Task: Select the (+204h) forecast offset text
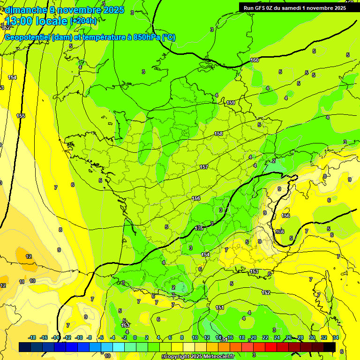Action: pyautogui.click(x=83, y=21)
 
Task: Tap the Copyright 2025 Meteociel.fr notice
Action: pyautogui.click(x=199, y=357)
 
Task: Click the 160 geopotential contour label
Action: pyautogui.click(x=255, y=60)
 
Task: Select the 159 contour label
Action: pyautogui.click(x=231, y=103)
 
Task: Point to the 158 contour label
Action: pyautogui.click(x=218, y=134)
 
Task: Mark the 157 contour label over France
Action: pyautogui.click(x=204, y=167)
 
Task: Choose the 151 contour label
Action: pyautogui.click(x=220, y=307)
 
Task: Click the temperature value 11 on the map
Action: pyautogui.click(x=22, y=282)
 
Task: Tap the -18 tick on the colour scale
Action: pyautogui.click(x=32, y=337)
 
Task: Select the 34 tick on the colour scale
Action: pyautogui.click(x=336, y=337)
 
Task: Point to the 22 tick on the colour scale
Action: pyautogui.click(x=265, y=337)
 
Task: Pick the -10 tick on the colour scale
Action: pyautogui.click(x=79, y=337)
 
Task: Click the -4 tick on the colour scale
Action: pyautogui.click(x=113, y=337)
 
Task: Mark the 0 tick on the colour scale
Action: pyautogui.click(x=135, y=337)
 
